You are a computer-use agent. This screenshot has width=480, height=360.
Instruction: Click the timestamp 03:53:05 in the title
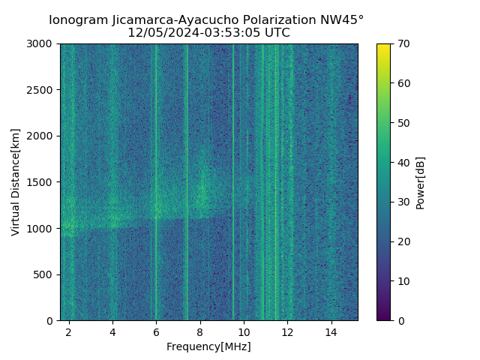(233, 33)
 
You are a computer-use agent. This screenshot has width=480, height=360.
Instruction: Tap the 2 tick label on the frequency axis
(69, 331)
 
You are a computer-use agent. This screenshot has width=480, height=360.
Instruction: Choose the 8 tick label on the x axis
(200, 331)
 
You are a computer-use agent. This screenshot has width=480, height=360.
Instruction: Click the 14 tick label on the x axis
(331, 331)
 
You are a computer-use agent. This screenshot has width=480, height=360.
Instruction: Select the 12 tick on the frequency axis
(287, 331)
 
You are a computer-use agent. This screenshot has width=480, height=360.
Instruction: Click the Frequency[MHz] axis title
(208, 346)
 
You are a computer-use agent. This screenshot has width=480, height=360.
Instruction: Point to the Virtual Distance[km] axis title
(16, 182)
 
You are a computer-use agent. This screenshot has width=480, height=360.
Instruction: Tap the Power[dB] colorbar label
(421, 182)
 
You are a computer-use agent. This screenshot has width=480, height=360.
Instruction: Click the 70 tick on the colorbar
(403, 44)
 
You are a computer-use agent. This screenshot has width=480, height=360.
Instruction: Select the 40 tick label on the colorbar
(403, 163)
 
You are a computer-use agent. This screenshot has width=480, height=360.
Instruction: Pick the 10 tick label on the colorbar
(403, 281)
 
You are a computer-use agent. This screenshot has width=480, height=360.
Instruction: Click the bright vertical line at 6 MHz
(156, 150)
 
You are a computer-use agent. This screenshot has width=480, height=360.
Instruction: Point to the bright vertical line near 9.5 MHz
(232, 150)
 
